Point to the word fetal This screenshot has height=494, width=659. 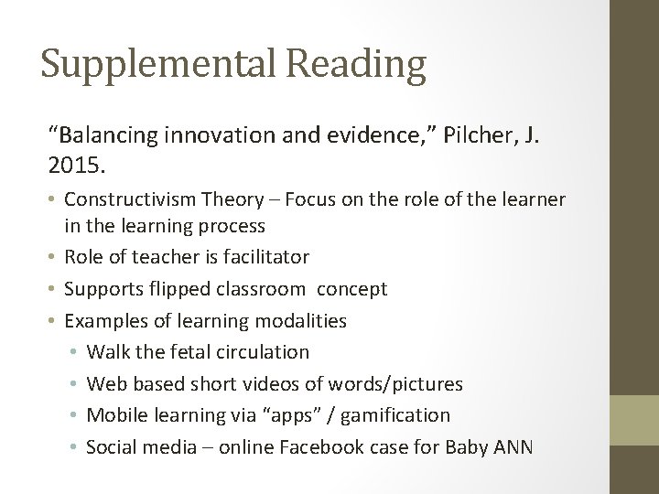point(188,352)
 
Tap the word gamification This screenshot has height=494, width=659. point(394,415)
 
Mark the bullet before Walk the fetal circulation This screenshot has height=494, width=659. point(72,352)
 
